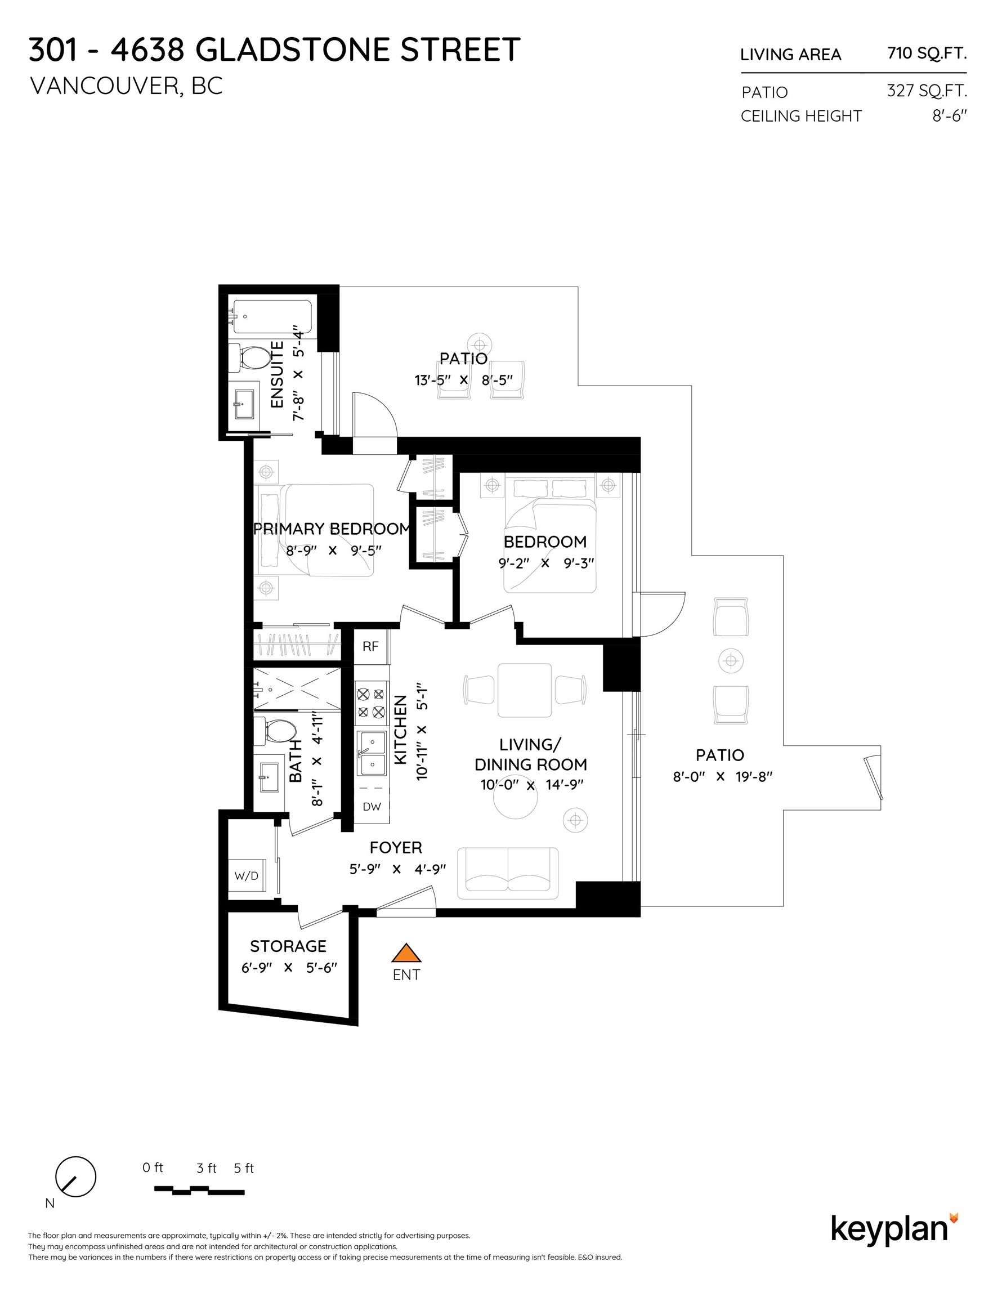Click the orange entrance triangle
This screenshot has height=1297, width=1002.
tap(406, 954)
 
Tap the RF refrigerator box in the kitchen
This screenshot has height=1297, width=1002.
tap(370, 646)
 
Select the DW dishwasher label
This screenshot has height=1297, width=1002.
tap(372, 807)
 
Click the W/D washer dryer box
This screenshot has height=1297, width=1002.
tap(247, 875)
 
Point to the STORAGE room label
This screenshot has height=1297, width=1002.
tap(288, 946)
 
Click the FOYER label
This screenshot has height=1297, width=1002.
tap(396, 847)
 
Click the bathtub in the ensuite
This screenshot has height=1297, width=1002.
tap(272, 316)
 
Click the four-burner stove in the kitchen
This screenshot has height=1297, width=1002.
tap(370, 703)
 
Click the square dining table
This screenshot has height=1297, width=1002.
tap(525, 690)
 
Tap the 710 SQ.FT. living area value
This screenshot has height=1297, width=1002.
tap(927, 53)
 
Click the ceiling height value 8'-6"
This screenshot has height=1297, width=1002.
tap(949, 116)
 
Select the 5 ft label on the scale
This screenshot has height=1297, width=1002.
tap(244, 1168)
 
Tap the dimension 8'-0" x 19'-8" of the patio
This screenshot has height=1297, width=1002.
tap(722, 776)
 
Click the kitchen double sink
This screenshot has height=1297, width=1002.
tap(371, 753)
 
